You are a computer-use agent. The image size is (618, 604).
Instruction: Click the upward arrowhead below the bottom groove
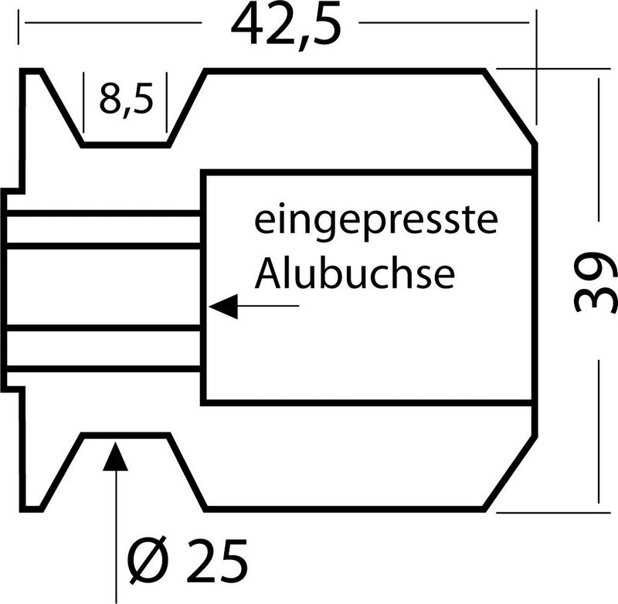(x=115, y=456)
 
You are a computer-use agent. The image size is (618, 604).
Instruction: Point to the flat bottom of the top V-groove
(x=126, y=145)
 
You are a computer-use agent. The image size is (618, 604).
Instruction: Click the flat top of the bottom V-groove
(x=126, y=436)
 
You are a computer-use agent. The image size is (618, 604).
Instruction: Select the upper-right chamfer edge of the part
(x=510, y=107)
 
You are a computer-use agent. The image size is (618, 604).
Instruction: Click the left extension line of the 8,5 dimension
(x=83, y=103)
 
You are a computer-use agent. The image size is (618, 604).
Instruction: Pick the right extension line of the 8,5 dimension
(x=167, y=103)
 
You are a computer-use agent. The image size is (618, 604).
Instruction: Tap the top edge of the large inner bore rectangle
(x=366, y=172)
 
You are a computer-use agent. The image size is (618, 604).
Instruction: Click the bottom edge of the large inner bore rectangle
(x=366, y=402)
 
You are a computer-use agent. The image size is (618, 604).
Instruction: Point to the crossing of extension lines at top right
(x=536, y=69)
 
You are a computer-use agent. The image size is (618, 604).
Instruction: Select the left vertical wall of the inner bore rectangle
(x=203, y=287)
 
